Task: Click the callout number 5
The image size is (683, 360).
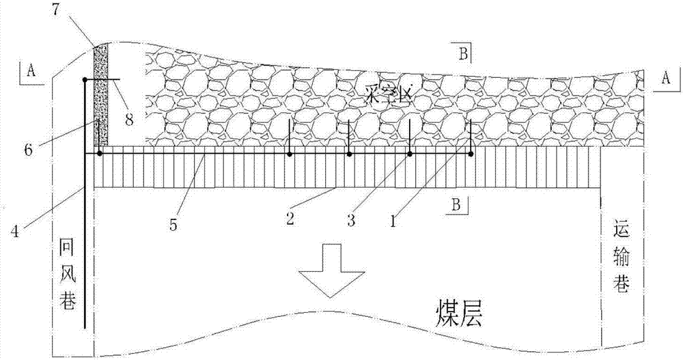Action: (173, 223)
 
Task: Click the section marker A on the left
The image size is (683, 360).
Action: (31, 69)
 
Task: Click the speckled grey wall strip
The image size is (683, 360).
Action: (101, 96)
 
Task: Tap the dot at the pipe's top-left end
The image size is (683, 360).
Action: (85, 81)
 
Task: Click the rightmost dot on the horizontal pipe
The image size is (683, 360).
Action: (471, 154)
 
